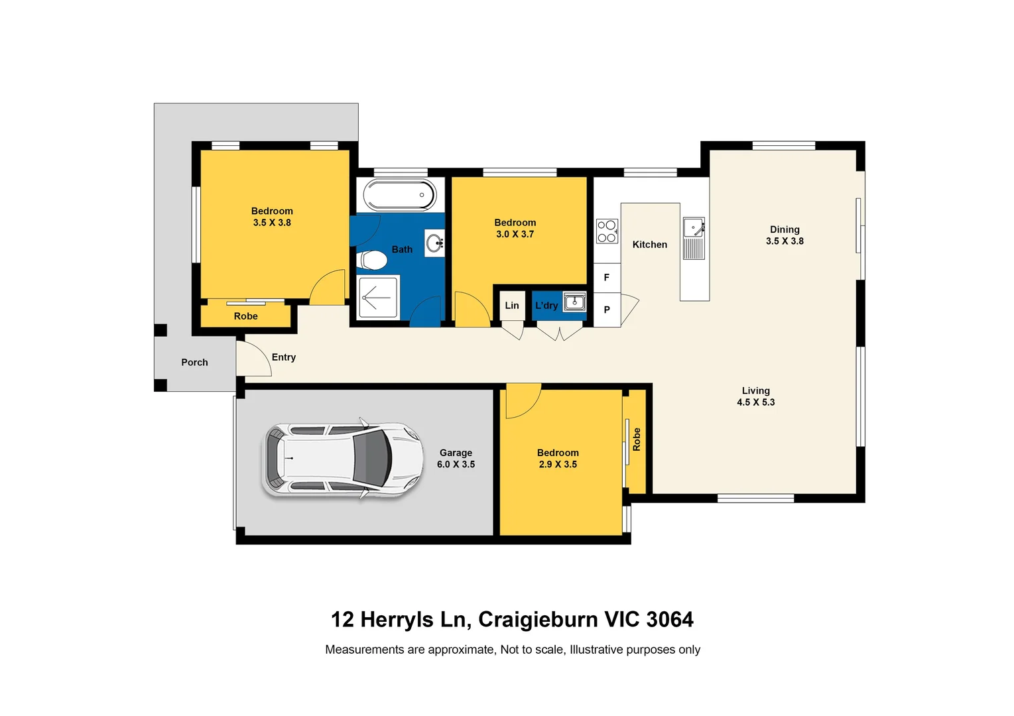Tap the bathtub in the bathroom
click(399, 195)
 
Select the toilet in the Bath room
click(372, 261)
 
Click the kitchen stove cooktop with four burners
click(607, 231)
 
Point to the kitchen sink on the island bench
click(694, 228)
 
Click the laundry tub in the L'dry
click(574, 302)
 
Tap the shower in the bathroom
click(378, 298)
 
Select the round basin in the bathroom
click(435, 243)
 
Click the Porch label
click(194, 363)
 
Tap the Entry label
click(283, 357)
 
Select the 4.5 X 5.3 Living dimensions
click(755, 402)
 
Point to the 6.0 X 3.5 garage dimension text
click(456, 465)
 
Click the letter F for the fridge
click(606, 278)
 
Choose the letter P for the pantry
click(606, 310)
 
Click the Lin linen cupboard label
click(511, 306)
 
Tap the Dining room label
click(785, 230)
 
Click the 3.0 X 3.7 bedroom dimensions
click(515, 235)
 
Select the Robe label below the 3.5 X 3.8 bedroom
click(245, 316)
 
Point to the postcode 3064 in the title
click(669, 619)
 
